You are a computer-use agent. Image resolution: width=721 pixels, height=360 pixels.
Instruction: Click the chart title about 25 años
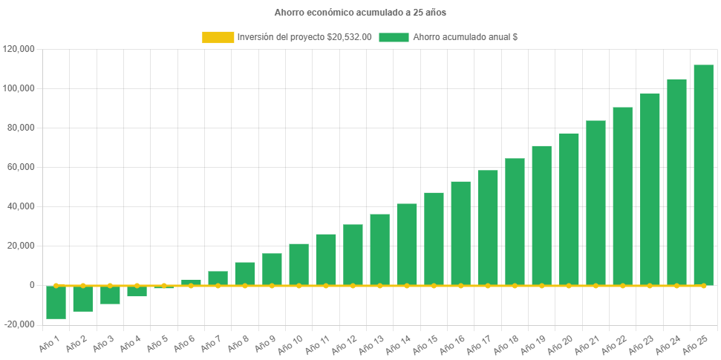(x=360, y=13)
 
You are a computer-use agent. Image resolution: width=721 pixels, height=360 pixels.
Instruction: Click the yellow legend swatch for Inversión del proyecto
(x=217, y=37)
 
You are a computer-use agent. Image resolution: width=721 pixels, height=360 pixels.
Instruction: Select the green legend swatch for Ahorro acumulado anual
(x=394, y=37)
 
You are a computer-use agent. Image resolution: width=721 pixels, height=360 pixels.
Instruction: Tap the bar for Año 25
(x=703, y=174)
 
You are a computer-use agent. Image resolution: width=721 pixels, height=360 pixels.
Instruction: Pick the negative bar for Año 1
(x=56, y=302)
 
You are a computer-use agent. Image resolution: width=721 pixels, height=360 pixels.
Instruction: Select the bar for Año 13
(x=379, y=249)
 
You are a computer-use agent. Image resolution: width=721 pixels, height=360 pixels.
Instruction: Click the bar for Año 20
(x=569, y=209)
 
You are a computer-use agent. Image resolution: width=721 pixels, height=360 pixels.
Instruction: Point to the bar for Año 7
(x=218, y=278)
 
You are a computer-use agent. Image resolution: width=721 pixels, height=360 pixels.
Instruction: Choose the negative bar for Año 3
(x=110, y=295)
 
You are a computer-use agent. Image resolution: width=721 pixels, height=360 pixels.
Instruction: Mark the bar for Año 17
(x=488, y=227)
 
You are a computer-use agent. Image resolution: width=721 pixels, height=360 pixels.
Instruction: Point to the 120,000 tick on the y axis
(x=19, y=49)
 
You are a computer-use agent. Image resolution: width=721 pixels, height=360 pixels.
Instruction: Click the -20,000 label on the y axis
(x=19, y=324)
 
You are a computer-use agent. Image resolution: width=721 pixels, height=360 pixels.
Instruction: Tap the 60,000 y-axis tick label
(x=21, y=167)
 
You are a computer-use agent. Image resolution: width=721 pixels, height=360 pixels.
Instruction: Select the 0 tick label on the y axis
(x=32, y=285)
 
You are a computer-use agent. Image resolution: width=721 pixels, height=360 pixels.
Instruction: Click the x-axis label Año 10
(x=288, y=343)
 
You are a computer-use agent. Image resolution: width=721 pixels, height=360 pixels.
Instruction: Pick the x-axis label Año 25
(x=694, y=343)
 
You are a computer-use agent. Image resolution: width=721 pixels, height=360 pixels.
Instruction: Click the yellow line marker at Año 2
(x=82, y=285)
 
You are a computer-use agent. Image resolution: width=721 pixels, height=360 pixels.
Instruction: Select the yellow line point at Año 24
(x=676, y=285)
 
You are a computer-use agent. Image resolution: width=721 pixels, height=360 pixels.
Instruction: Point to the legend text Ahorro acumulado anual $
(x=465, y=37)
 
